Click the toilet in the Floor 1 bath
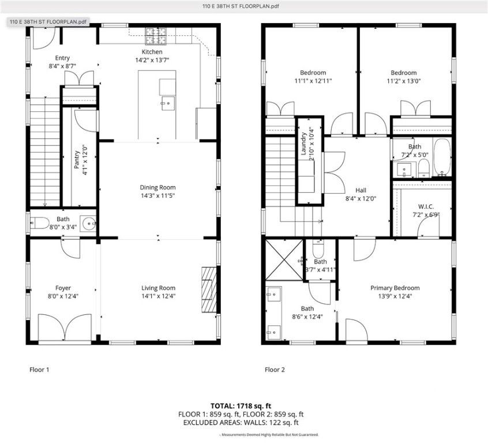(36, 223)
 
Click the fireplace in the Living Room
(208, 281)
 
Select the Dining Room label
(157, 187)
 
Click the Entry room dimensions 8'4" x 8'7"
(63, 66)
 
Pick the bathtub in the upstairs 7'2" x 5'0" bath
(442, 157)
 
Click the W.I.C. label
(426, 207)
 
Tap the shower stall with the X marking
(284, 258)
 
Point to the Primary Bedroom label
(395, 288)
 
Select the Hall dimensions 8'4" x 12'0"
(361, 198)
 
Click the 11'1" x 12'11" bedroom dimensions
(313, 81)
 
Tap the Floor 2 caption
(275, 370)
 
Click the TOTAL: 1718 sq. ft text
(243, 406)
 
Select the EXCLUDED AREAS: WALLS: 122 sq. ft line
(243, 422)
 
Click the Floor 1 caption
(39, 370)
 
